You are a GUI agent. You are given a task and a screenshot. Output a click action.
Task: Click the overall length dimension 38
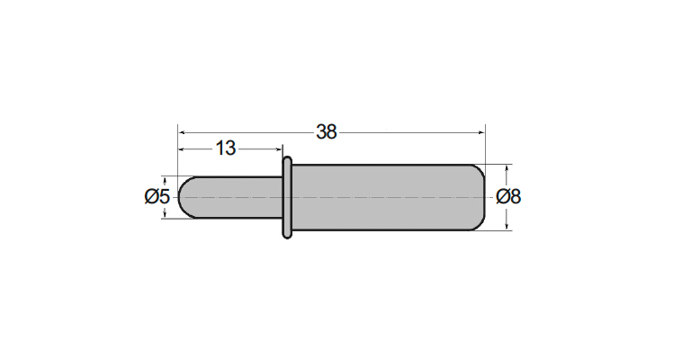click(x=327, y=131)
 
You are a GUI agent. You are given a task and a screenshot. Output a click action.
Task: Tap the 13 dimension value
click(x=226, y=148)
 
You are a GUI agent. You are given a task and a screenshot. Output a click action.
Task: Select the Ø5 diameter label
click(x=157, y=196)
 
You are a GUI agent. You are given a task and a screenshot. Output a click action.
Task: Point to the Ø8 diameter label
click(x=508, y=196)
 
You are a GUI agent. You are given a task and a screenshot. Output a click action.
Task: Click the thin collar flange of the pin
click(x=287, y=197)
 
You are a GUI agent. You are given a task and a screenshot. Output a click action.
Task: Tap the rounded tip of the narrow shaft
click(x=185, y=197)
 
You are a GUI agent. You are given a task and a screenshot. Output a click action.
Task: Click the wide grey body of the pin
click(x=389, y=197)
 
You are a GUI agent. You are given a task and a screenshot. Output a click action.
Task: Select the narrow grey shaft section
click(x=230, y=197)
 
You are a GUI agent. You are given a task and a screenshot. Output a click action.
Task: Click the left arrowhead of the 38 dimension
click(x=181, y=131)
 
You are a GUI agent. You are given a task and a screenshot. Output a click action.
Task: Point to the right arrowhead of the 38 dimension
click(x=481, y=131)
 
